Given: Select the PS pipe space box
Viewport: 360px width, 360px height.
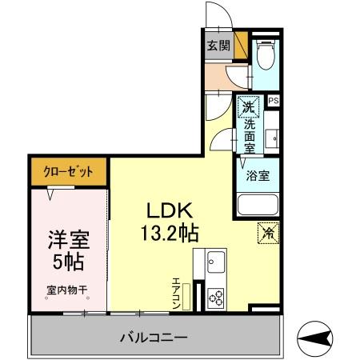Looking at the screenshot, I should click(x=274, y=101).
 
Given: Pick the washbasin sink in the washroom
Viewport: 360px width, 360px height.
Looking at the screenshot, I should click(x=273, y=138).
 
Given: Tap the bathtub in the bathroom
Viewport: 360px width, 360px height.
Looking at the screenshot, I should click(x=257, y=206).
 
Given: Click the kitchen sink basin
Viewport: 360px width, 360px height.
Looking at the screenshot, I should click(x=215, y=261).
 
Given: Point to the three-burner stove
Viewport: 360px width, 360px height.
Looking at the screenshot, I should click(x=215, y=298).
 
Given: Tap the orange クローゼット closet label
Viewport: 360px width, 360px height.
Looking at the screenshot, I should click(x=70, y=171).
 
